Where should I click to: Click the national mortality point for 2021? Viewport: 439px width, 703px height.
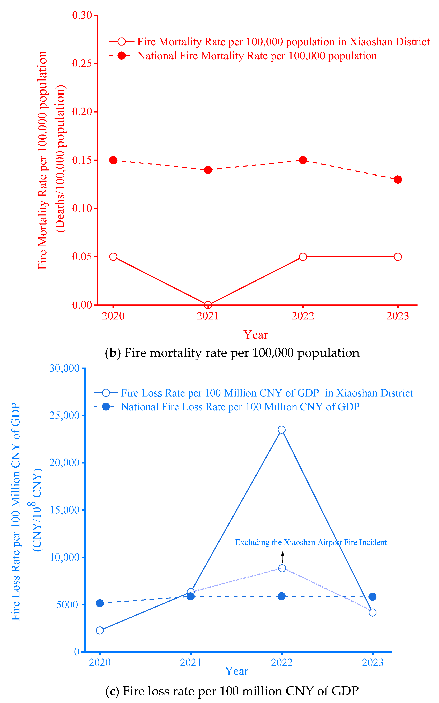(x=208, y=170)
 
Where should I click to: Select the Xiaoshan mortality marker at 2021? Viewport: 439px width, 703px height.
(x=208, y=305)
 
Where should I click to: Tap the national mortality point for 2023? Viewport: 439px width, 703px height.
(x=398, y=179)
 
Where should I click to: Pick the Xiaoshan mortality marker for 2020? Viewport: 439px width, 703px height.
(x=113, y=257)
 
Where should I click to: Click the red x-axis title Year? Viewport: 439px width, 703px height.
(x=256, y=335)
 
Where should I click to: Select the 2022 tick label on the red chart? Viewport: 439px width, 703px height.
(x=303, y=316)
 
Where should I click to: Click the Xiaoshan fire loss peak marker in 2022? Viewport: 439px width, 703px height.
(x=282, y=430)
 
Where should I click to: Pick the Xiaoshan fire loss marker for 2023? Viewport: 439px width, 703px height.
(x=373, y=612)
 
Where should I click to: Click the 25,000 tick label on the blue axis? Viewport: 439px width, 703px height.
(x=64, y=415)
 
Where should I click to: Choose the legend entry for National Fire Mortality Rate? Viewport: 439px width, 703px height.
(x=243, y=56)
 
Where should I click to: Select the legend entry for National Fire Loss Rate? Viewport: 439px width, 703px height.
(x=226, y=407)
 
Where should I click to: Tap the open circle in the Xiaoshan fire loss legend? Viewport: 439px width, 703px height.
(x=106, y=393)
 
